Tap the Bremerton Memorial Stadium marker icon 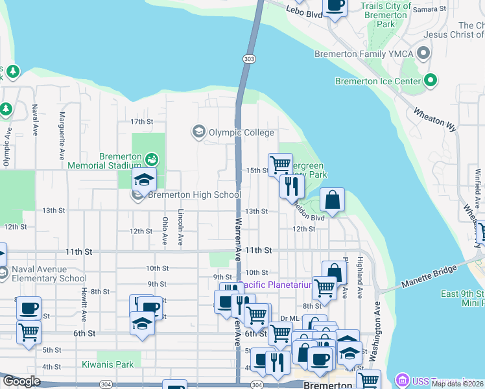tap(152, 158)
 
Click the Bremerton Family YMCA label tap(366, 54)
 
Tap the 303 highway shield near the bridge tap(250, 59)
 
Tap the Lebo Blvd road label tap(304, 11)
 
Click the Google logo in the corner tap(21, 381)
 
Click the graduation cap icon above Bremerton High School tap(145, 180)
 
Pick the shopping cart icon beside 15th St tap(280, 164)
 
